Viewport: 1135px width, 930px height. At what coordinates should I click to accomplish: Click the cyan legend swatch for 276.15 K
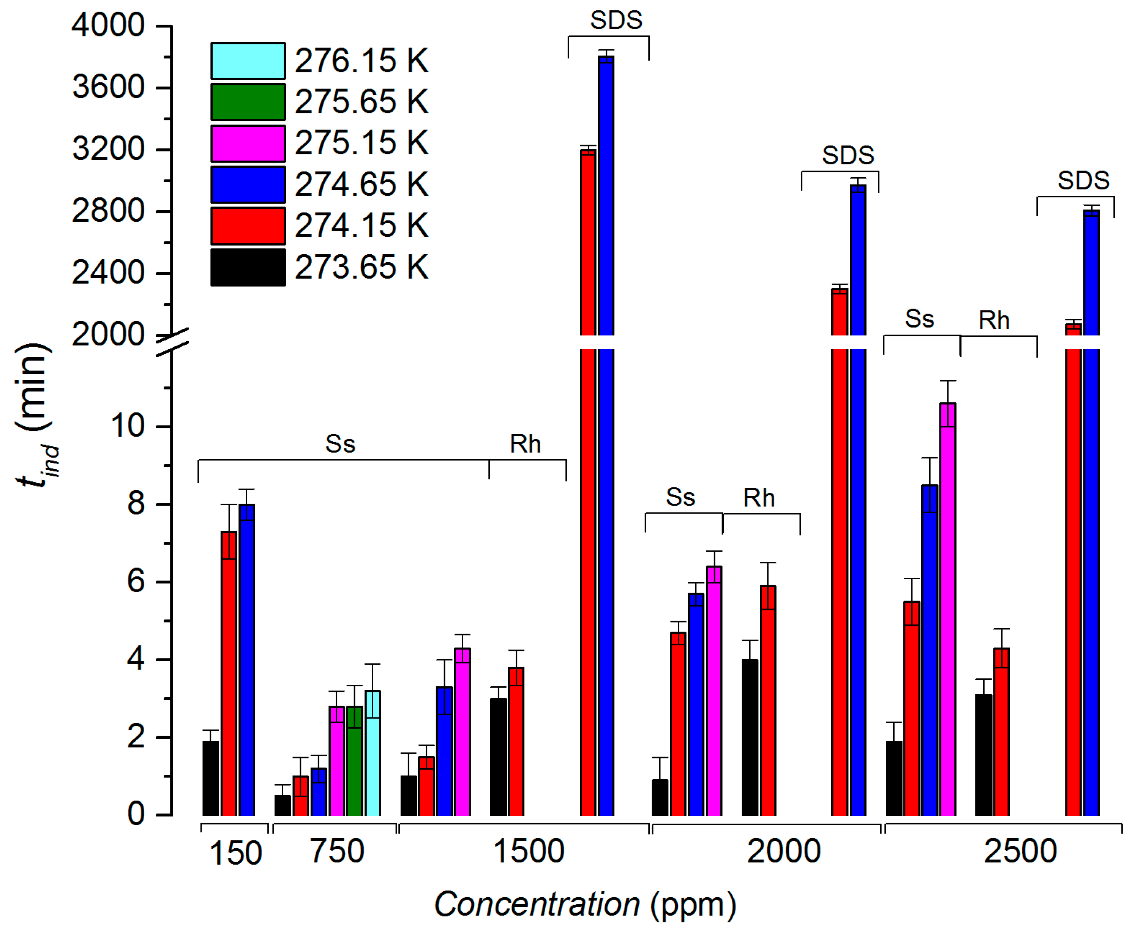[248, 60]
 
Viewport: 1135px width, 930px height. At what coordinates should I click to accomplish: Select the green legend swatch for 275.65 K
[248, 102]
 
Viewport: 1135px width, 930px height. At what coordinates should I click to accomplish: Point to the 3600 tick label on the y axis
[108, 87]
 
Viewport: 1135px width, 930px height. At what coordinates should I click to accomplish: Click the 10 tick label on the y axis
[128, 426]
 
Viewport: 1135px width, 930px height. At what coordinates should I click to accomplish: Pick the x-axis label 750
[337, 851]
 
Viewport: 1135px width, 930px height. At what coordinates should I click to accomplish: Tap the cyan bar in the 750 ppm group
[373, 753]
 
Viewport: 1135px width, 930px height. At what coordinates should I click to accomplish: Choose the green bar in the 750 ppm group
[354, 761]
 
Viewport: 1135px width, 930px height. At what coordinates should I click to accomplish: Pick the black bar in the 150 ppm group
[211, 778]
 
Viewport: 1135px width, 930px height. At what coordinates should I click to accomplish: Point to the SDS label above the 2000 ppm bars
[848, 155]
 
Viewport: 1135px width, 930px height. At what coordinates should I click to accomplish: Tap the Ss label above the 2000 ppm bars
[680, 497]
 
